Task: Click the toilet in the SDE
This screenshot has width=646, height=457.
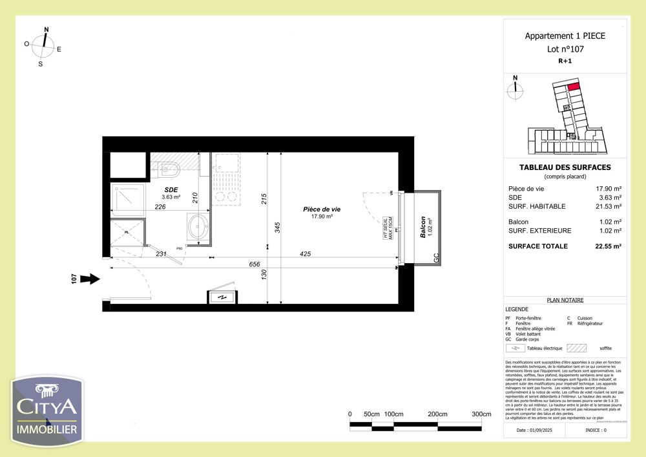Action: pos(168,170)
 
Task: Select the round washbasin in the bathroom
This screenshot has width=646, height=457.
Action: pos(198,227)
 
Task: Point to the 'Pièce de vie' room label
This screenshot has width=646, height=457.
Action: pos(322,209)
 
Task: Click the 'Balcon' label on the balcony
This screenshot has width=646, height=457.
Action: pos(423,227)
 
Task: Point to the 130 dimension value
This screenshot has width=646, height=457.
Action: pos(263,275)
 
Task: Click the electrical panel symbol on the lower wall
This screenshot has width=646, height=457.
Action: pos(222,297)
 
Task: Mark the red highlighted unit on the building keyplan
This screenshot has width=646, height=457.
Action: pos(573,86)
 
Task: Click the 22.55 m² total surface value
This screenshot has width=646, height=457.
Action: pos(608,246)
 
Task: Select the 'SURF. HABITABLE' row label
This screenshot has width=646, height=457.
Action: pos(537,206)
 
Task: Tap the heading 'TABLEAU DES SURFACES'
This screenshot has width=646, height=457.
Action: pos(565,167)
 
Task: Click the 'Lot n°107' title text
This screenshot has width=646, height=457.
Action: pos(565,48)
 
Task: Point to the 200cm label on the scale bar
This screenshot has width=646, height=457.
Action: pos(437,414)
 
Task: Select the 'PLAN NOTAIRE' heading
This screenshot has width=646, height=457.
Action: pos(565,300)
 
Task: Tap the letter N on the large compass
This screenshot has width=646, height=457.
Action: pos(46,30)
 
